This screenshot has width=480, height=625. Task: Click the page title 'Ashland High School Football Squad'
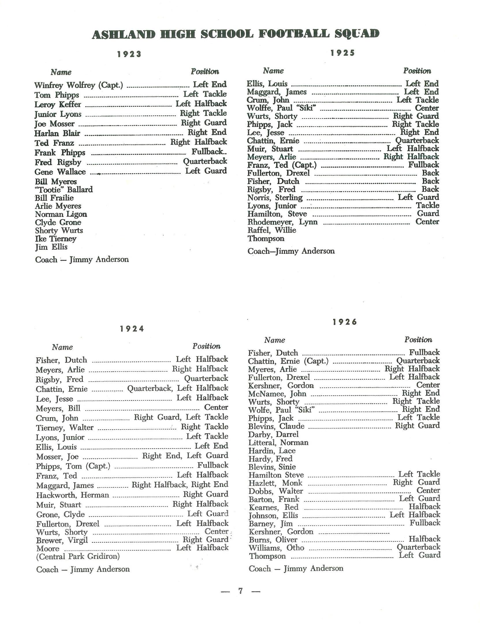point(235,34)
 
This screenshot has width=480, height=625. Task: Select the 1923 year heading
point(129,54)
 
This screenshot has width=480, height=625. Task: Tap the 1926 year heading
point(345,322)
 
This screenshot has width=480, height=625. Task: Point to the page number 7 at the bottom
point(240,591)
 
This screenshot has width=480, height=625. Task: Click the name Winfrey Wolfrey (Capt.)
point(79,85)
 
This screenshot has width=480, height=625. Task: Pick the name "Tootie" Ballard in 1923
point(64,190)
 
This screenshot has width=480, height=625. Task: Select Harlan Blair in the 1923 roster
point(57,134)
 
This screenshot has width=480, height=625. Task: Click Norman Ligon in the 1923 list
point(61,214)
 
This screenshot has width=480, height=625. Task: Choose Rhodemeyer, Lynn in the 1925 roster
point(282,222)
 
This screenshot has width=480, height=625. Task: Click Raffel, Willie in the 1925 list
point(272,230)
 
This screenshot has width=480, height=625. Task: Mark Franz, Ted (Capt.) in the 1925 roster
point(282,165)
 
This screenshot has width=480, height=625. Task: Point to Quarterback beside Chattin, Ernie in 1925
point(417,140)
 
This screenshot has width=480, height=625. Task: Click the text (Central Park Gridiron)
point(78,556)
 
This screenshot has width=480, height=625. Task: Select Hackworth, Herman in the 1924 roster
point(73,495)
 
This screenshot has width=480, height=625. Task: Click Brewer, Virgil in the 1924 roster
point(62,540)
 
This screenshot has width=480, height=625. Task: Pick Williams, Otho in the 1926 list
point(276,548)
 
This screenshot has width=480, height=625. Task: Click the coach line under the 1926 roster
point(296,568)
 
